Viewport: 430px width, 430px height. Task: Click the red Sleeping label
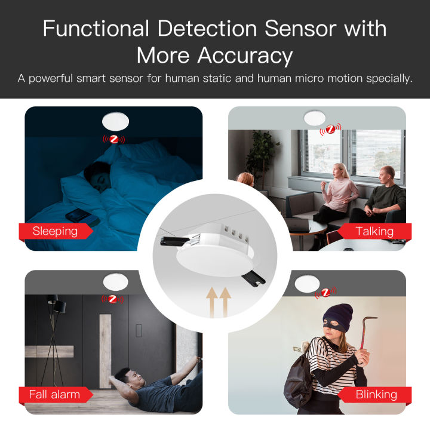pyautogui.click(x=56, y=231)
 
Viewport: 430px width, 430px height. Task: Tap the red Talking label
pyautogui.click(x=374, y=231)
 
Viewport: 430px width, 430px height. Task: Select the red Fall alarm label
pyautogui.click(x=54, y=394)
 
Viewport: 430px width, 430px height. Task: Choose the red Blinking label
pyautogui.click(x=376, y=394)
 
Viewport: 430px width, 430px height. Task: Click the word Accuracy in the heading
pyautogui.click(x=245, y=56)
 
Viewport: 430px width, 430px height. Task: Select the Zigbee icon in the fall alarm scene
pyautogui.click(x=112, y=297)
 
